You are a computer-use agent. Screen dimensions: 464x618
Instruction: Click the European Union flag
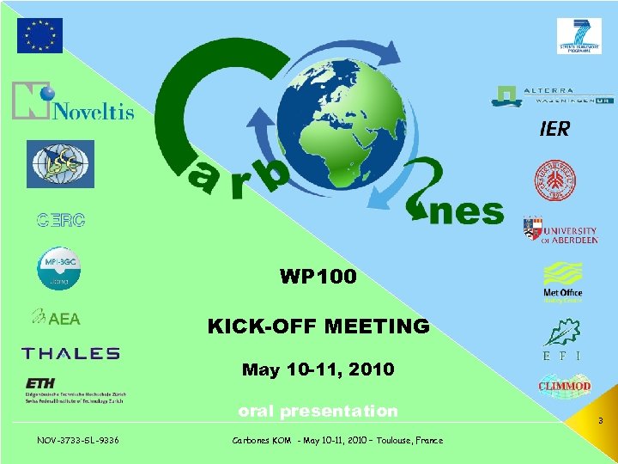[39, 35]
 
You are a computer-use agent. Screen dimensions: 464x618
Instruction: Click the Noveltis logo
[73, 101]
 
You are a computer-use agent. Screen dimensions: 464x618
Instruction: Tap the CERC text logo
[60, 220]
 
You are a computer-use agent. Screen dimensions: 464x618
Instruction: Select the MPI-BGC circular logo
[58, 268]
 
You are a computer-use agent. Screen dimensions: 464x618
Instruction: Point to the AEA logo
[57, 319]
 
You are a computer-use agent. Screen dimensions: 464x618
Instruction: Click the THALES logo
[70, 353]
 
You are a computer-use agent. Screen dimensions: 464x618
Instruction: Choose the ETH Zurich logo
[74, 390]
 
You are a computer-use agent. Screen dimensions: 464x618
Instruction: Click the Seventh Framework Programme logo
[579, 36]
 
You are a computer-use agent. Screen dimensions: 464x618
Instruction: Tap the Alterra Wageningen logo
[553, 95]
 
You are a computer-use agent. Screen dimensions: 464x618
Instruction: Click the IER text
[554, 129]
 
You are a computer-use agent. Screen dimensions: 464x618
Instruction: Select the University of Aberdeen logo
[560, 231]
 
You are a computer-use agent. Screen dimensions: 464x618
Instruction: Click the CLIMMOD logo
[564, 385]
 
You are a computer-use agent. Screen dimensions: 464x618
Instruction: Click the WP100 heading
[318, 277]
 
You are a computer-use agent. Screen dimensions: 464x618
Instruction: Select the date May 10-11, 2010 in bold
[318, 369]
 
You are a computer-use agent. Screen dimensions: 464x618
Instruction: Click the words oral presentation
[318, 411]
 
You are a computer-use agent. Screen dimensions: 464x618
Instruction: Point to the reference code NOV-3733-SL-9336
[78, 440]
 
